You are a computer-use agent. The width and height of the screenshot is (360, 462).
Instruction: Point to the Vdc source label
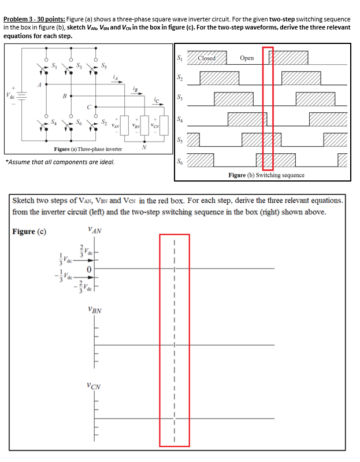click(x=9, y=94)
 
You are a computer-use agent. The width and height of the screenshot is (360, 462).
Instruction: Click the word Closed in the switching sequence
click(x=206, y=58)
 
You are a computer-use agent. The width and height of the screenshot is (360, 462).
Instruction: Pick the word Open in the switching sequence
click(x=247, y=58)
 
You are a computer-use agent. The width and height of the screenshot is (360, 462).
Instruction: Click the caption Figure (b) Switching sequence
click(x=266, y=175)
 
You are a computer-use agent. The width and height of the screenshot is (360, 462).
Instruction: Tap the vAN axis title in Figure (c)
click(x=95, y=230)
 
